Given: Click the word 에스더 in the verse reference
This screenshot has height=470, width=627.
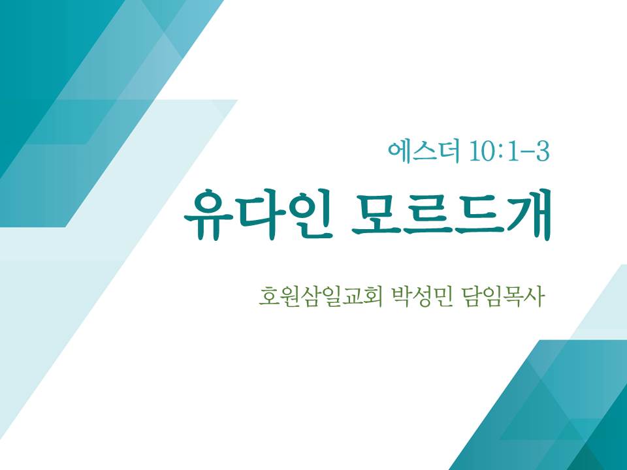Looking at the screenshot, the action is tap(423, 151).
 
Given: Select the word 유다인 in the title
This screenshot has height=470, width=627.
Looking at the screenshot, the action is tap(259, 214).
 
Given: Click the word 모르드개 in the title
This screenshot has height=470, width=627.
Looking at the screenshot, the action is tap(452, 215).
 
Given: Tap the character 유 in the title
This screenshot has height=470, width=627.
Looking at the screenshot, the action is tap(209, 215).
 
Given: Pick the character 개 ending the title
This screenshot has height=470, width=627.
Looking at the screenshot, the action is tap(528, 215).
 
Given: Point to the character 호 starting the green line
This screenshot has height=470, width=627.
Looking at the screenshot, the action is tap(268, 296).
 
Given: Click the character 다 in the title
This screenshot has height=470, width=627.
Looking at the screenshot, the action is tap(260, 214).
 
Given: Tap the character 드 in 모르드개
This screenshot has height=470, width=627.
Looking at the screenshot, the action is tap(477, 215).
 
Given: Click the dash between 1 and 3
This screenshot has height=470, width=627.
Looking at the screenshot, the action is tap(528, 153).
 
